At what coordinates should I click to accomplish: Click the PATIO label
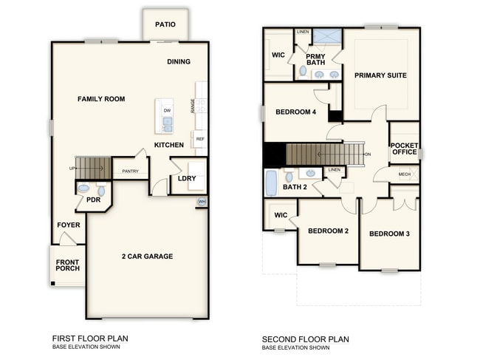coord(165,24)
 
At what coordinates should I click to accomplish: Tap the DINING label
coord(179,62)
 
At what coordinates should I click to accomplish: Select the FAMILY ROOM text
coord(101,99)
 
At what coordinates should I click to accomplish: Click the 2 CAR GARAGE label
coord(148,257)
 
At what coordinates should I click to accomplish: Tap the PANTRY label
coord(131,171)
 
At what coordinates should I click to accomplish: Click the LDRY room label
coord(187,178)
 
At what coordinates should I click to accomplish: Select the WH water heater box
coord(201,202)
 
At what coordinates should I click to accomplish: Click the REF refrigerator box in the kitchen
coord(200,139)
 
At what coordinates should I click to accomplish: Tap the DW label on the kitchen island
coord(167,111)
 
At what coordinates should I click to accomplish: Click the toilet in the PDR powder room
coord(83,189)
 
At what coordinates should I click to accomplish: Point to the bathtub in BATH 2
coord(271,183)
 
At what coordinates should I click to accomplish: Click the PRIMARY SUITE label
coord(381,75)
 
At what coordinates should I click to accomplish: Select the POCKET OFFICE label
coord(404,149)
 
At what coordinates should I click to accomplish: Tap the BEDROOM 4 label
coord(295,112)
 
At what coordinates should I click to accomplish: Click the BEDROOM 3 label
coord(389,234)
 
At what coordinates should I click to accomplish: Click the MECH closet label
coord(405,175)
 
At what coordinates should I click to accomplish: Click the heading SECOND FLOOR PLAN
coord(306,339)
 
